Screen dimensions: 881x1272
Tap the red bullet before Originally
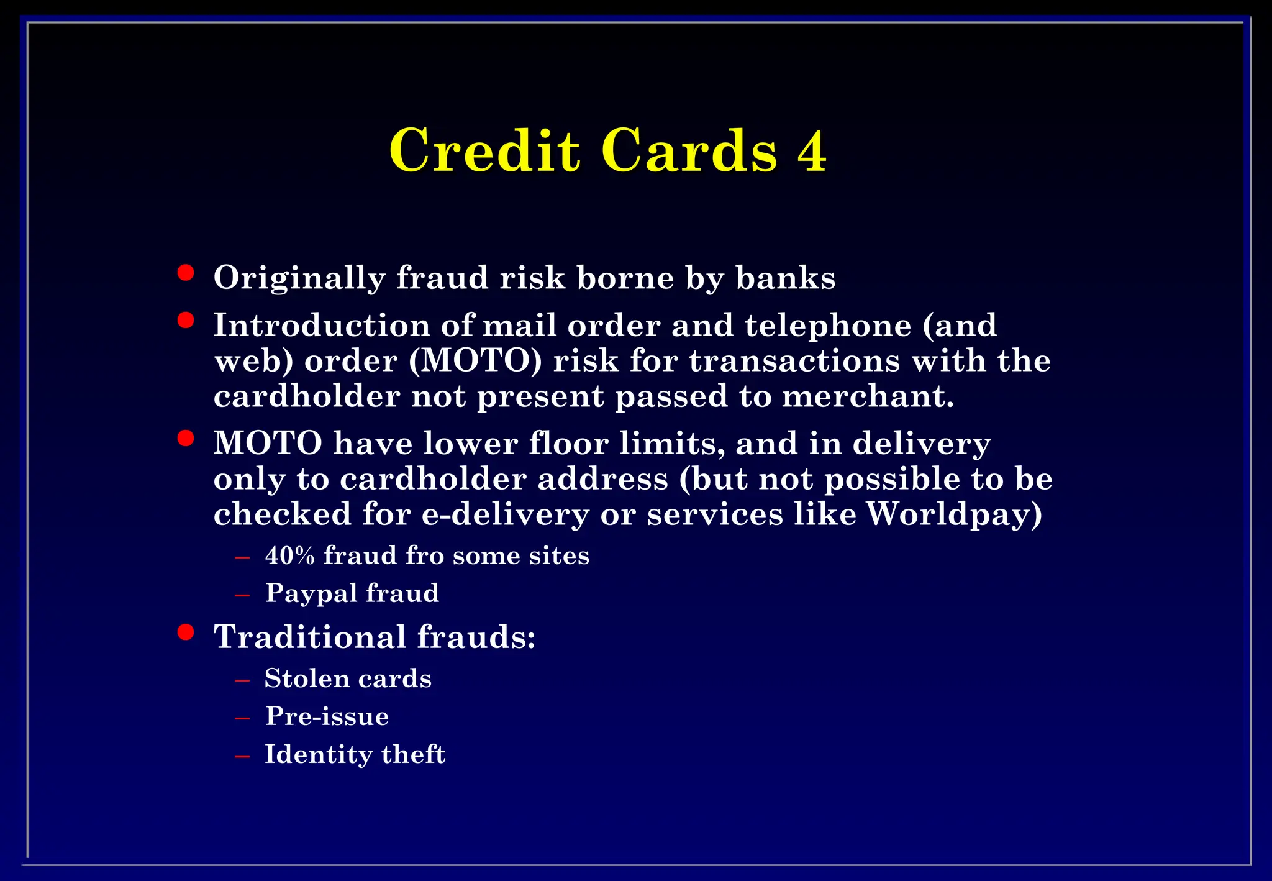click(x=185, y=273)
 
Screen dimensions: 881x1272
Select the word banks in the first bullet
click(x=785, y=278)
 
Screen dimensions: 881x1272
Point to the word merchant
click(x=867, y=396)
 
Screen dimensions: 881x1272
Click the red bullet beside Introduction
click(x=185, y=321)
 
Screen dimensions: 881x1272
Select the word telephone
click(x=828, y=326)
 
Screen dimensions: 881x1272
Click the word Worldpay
click(x=954, y=514)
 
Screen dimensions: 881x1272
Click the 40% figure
click(x=290, y=555)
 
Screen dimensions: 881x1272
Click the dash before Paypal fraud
click(x=242, y=595)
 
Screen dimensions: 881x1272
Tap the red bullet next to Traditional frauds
click(x=185, y=632)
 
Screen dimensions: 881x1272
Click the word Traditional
click(x=310, y=637)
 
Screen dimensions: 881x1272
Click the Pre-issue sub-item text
click(x=327, y=716)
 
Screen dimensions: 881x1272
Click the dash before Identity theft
click(x=242, y=756)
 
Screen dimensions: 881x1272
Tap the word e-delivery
click(x=505, y=514)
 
